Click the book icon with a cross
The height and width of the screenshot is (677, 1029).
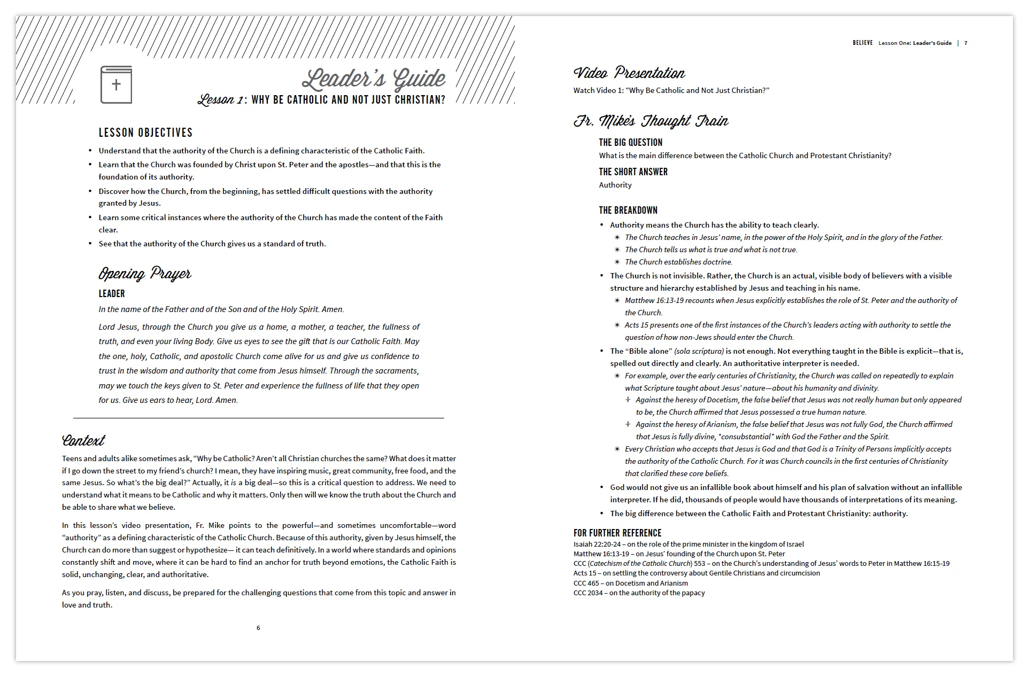coord(116,84)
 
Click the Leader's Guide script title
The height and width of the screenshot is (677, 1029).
coord(373,79)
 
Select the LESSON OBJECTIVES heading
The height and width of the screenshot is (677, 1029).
coord(145,133)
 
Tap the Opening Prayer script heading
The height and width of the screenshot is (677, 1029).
coord(145,274)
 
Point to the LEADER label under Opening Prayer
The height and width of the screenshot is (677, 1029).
coord(112,294)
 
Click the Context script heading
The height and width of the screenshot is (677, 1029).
coord(83,440)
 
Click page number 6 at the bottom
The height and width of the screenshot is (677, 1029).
coord(258,628)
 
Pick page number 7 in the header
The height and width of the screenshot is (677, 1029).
coord(965,43)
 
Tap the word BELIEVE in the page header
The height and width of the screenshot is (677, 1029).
coord(862,43)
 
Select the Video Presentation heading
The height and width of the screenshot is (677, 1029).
coord(629,73)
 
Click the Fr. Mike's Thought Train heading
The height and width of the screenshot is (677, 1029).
coord(651,121)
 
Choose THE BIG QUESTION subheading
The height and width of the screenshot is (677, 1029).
coord(630,143)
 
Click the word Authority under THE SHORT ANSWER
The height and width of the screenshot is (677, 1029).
coord(615,185)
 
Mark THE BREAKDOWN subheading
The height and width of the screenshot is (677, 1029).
coord(628,211)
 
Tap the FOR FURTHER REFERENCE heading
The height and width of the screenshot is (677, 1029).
coord(617,533)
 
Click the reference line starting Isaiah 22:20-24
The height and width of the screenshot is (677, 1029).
coord(688,544)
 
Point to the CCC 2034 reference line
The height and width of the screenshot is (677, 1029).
coord(639,593)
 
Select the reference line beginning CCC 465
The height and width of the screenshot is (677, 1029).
coord(630,583)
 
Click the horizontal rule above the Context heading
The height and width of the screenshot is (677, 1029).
coord(258,418)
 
